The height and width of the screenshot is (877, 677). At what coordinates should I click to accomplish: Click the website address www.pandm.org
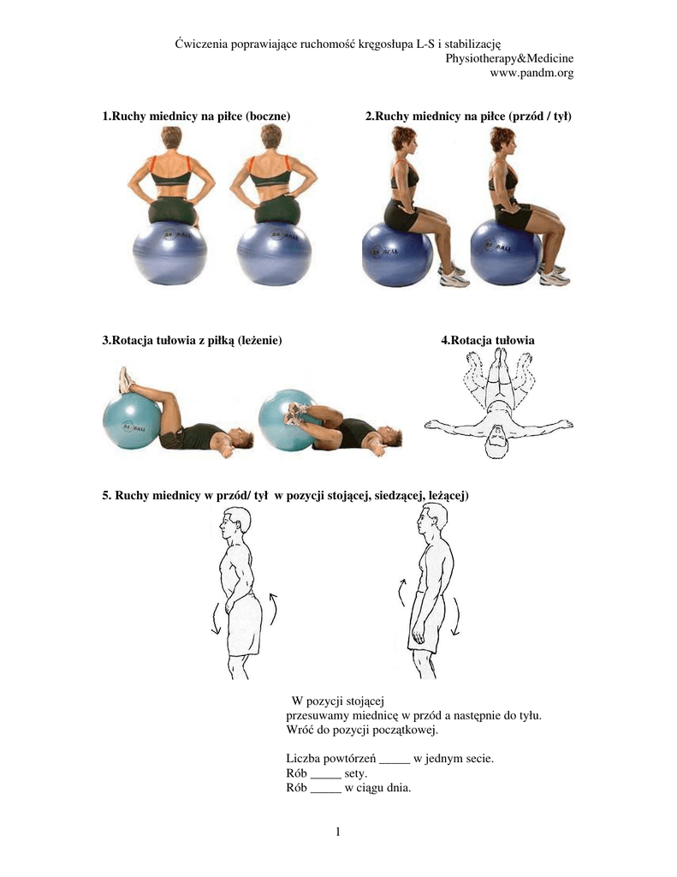click(532, 73)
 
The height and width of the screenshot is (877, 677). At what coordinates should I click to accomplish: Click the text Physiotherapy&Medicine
click(509, 58)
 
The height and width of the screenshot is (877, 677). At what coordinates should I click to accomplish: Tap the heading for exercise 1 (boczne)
click(196, 116)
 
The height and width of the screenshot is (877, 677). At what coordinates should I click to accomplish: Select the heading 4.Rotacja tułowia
click(488, 340)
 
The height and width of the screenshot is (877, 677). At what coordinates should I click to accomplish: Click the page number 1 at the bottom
click(338, 832)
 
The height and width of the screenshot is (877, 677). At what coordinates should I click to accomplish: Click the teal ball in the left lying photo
click(132, 421)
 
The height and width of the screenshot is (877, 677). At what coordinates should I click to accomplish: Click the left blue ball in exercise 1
click(170, 253)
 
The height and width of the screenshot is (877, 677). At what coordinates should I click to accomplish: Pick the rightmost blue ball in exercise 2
click(506, 252)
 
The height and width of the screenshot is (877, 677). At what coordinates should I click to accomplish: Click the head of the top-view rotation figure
click(497, 443)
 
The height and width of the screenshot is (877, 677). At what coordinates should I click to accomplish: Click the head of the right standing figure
click(435, 519)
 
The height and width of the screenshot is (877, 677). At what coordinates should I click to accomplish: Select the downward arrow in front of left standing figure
click(216, 618)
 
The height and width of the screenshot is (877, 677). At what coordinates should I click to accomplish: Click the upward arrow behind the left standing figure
click(273, 610)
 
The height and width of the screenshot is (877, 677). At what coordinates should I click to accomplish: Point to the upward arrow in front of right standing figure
click(402, 593)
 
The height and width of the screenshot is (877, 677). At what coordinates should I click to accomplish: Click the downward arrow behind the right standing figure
click(456, 617)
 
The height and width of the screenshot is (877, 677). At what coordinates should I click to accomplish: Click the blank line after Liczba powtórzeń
click(395, 761)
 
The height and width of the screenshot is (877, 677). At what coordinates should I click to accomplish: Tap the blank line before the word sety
click(325, 777)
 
